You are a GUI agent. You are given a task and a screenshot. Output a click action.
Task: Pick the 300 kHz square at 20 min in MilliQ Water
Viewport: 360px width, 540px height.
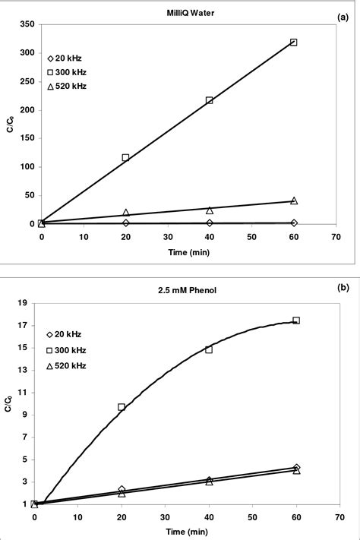(125, 157)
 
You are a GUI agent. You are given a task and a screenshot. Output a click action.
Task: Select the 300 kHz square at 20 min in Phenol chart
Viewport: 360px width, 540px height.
(122, 407)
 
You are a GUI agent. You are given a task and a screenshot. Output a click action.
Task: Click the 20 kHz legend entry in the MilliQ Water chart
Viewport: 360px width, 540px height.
(66, 58)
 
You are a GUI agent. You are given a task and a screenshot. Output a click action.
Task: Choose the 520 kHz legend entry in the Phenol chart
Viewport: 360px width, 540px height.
(65, 365)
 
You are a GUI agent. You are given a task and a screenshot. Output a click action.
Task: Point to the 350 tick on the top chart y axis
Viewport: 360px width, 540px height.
(27, 25)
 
